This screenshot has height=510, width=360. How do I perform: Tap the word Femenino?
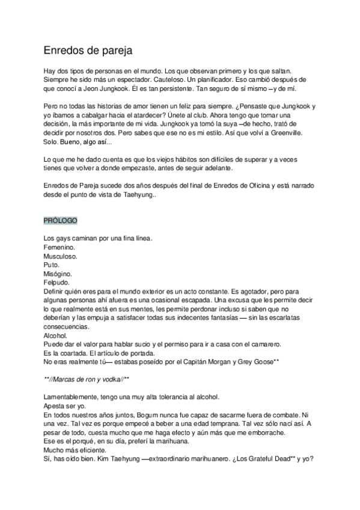(59, 247)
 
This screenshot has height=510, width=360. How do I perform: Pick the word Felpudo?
(57, 282)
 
